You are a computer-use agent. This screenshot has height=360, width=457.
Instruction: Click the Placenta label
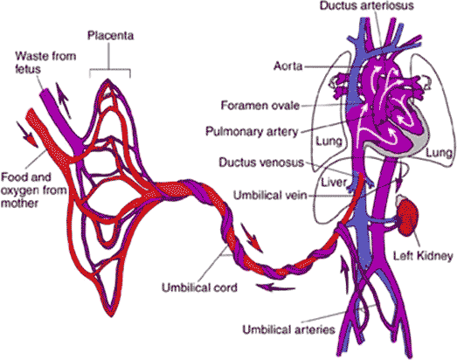[111, 36]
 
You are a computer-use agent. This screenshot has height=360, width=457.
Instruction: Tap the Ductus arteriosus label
[367, 5]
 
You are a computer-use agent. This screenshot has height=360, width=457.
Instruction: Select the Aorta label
[287, 66]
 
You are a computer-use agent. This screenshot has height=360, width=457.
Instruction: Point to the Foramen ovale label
[260, 105]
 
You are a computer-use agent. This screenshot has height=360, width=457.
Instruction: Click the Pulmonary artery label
[252, 131]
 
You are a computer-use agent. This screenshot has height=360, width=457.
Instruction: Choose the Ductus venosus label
[261, 163]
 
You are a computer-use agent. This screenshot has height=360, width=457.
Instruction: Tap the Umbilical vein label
[270, 195]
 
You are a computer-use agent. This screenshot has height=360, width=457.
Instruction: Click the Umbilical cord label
[199, 287]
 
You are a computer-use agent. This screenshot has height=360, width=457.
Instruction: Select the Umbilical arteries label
[289, 329]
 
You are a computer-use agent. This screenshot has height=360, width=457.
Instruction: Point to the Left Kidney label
[423, 256]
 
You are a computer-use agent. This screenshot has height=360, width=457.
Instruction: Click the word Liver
[334, 183]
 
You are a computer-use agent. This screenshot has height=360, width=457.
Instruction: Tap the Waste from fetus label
[45, 62]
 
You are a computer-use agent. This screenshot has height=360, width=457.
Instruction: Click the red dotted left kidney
[408, 217]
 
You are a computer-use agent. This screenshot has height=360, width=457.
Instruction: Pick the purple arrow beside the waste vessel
[63, 100]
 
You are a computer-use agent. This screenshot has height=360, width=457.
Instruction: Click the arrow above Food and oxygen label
[27, 135]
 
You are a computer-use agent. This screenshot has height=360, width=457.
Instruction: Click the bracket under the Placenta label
[109, 70]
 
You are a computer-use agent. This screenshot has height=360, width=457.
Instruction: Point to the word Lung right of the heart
[439, 152]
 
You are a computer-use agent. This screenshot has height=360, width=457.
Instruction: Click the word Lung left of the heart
[329, 142]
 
